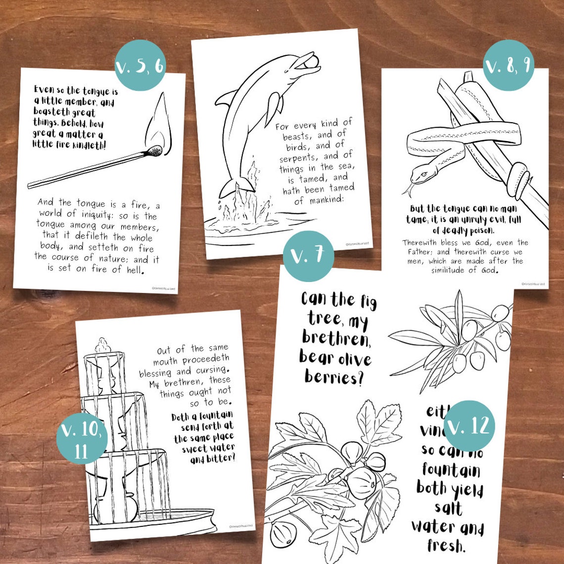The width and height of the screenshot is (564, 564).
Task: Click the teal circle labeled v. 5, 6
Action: (x=140, y=65)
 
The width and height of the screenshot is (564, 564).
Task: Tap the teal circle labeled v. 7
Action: (x=308, y=256)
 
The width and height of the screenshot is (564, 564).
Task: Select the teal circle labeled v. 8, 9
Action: (x=508, y=65)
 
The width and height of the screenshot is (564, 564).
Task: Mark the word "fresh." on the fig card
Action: (x=447, y=546)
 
